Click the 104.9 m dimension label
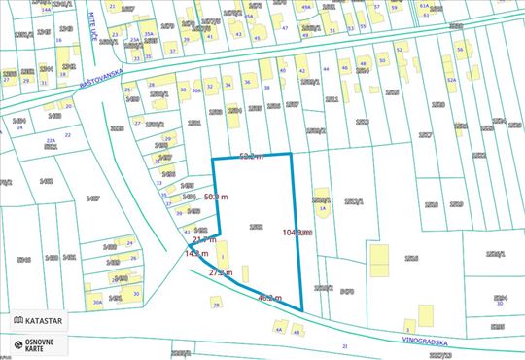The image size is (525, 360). pos(297,233)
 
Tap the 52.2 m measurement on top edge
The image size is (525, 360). pos(252,156)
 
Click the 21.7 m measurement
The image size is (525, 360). pos(204,239)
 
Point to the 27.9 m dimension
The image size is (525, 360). pos(223,273)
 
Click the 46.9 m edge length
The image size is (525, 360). pos(269,298)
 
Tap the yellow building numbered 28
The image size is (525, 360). pos(216,305)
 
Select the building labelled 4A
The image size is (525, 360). pos(280,327)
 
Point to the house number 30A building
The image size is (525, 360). pos(97,302)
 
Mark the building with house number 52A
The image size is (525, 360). pos(452,80)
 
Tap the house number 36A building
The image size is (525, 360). pos(196,90)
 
